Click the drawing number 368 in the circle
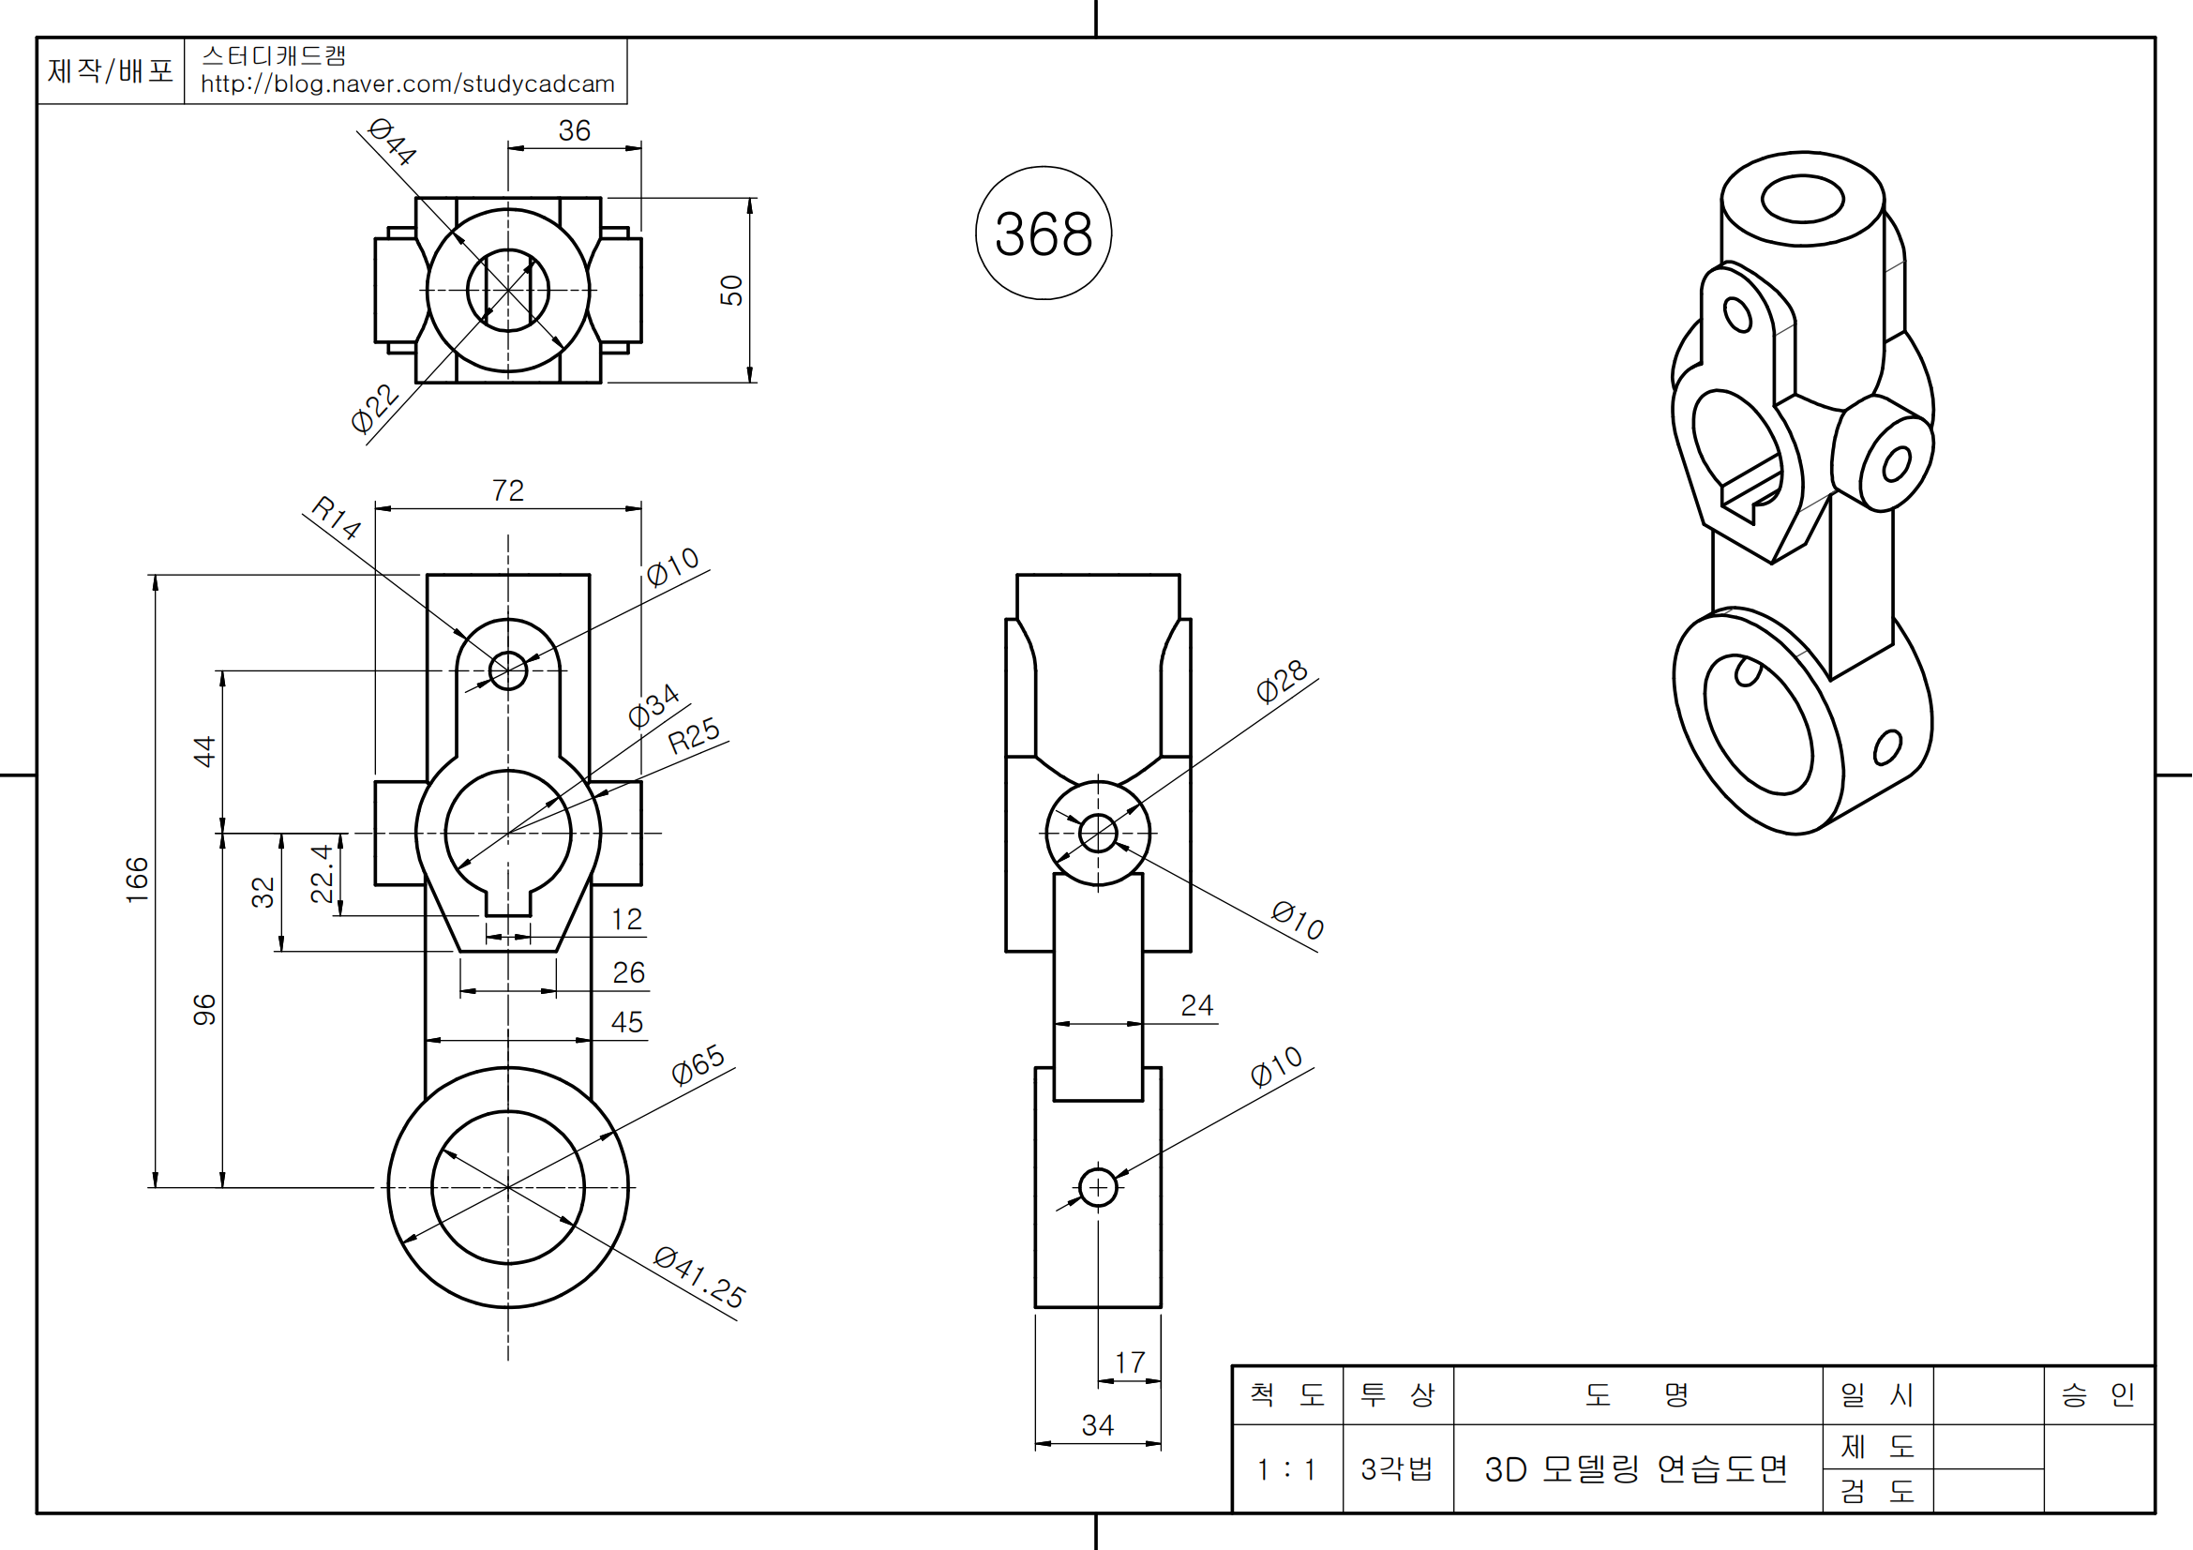(1043, 234)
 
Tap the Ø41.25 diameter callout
(700, 1277)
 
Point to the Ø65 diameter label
(698, 1064)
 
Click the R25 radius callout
(694, 735)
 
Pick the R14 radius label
(337, 518)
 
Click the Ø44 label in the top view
(393, 142)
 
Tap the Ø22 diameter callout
(374, 409)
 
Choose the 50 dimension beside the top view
(731, 291)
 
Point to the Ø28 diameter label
(1282, 681)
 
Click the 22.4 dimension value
(323, 873)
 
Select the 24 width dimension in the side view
(1196, 1005)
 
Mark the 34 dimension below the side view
(1098, 1426)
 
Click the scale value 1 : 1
(1286, 1469)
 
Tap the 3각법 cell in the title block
(1397, 1468)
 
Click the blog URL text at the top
(408, 84)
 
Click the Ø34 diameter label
(653, 706)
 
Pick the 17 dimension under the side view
(1130, 1362)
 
